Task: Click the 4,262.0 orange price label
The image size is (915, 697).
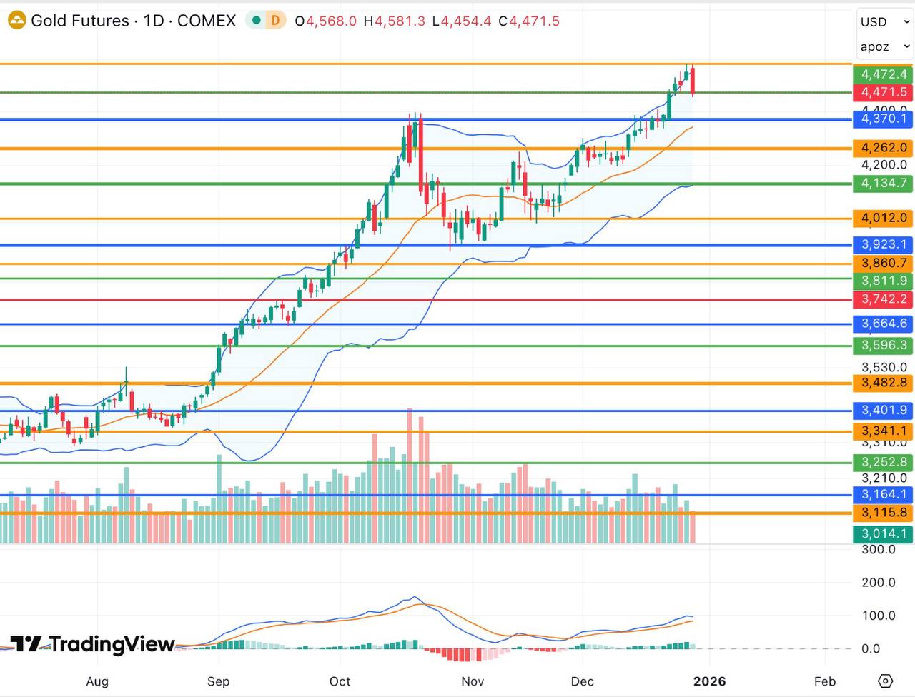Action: click(883, 148)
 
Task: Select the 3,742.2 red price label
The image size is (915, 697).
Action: click(883, 299)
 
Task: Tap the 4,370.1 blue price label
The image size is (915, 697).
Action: click(883, 119)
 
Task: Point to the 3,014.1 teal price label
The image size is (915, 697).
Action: click(883, 533)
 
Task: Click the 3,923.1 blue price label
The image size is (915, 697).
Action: click(883, 244)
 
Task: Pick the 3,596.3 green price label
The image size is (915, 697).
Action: click(883, 346)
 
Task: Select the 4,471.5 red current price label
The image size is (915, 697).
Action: click(883, 92)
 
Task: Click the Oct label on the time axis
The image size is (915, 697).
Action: click(340, 681)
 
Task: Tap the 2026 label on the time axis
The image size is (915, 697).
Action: click(709, 681)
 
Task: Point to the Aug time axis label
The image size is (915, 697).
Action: click(97, 681)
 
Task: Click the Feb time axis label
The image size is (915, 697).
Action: click(824, 681)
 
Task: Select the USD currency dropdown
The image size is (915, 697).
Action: click(884, 22)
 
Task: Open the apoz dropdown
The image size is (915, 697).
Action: click(884, 47)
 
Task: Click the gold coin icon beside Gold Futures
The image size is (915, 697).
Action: click(16, 21)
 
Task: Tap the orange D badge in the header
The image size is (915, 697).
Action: click(275, 21)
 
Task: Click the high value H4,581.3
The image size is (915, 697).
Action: click(394, 21)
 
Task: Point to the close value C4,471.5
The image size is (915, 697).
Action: click(529, 21)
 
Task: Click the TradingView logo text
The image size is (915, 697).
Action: click(93, 644)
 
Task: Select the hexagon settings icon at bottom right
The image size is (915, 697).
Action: click(885, 681)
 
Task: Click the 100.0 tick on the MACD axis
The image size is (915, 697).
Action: click(878, 616)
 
